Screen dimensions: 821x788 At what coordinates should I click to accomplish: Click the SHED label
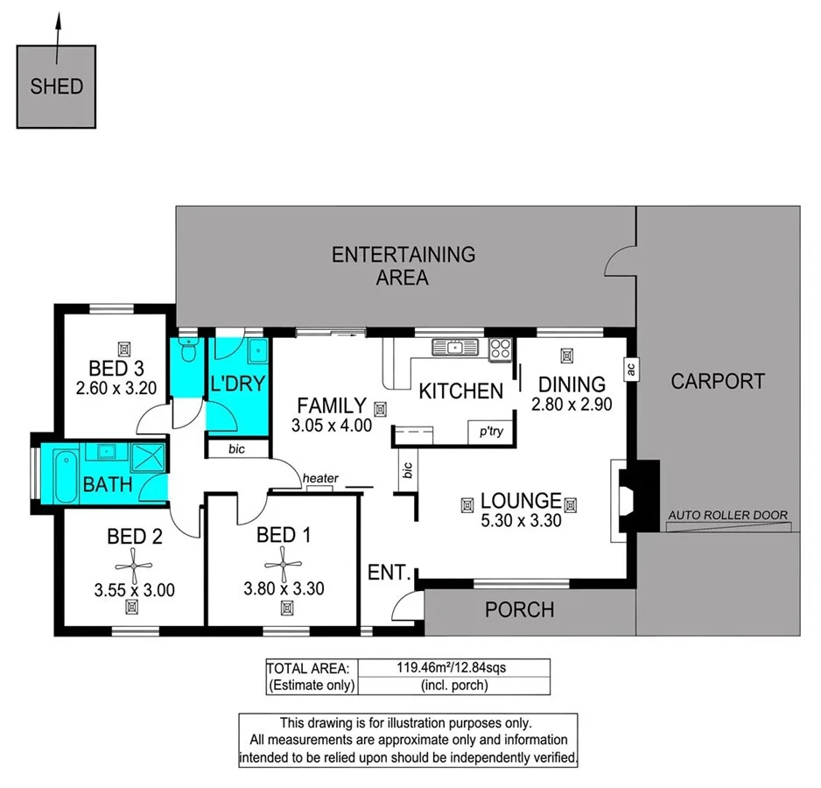tap(57, 87)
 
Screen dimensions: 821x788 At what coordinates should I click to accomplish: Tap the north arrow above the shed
tap(58, 39)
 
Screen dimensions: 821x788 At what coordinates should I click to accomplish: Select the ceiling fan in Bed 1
tap(284, 564)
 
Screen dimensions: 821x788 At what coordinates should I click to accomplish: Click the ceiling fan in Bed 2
tap(134, 566)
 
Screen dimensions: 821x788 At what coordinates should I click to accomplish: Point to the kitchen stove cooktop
tap(500, 349)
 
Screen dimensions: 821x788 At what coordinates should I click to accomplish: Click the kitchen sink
tap(455, 347)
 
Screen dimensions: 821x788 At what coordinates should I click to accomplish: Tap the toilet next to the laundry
tap(187, 349)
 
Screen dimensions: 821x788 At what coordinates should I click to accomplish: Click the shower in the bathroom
tap(148, 457)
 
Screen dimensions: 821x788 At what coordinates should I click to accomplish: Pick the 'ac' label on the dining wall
tap(631, 369)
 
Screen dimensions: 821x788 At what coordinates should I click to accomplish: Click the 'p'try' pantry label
tap(491, 432)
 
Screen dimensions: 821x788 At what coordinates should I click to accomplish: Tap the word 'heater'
tap(320, 478)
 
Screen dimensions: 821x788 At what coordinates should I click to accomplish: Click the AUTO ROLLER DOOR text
tap(728, 515)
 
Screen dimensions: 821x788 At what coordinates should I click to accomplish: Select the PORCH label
tap(519, 610)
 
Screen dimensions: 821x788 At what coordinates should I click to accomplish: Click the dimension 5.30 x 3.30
tap(521, 520)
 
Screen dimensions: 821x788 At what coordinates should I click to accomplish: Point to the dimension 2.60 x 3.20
tap(116, 388)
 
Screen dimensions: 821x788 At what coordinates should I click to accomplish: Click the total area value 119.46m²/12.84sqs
tap(452, 667)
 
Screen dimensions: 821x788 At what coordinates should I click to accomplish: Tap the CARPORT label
tap(718, 382)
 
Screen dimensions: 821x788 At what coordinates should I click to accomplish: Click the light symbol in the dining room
tap(566, 355)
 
